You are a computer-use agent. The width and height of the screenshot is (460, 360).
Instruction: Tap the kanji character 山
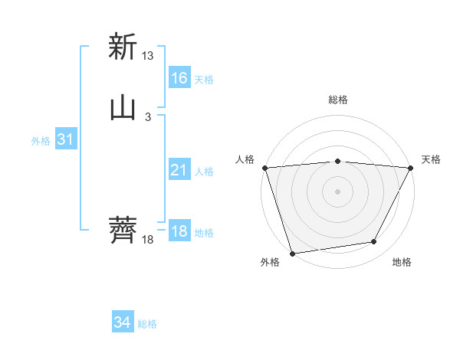123,108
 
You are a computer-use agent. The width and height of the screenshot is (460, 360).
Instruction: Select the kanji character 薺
123,229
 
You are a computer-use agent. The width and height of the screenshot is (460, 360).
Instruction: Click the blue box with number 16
179,77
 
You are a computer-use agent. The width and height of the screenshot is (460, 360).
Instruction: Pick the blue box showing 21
179,171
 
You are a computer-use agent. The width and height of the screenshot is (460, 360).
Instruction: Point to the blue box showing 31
65,140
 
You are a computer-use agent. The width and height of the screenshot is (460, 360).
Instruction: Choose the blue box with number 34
123,323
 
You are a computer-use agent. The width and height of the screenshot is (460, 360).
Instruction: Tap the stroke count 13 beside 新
148,56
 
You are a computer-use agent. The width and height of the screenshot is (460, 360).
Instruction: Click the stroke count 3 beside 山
148,117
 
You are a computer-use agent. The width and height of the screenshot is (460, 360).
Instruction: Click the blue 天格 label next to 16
204,79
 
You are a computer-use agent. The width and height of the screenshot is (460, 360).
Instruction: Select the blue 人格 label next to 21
204,172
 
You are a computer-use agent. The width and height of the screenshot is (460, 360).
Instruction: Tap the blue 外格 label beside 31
41,141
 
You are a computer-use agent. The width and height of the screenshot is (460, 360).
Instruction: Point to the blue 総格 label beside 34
147,324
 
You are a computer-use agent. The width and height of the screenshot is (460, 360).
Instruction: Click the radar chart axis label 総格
337,100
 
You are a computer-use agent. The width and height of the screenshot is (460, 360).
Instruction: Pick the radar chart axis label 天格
431,159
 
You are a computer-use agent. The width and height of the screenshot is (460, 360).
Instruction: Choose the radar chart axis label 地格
402,263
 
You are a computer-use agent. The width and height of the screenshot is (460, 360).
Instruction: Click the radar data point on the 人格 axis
264,168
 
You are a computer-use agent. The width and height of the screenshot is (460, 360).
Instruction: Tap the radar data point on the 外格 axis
292,253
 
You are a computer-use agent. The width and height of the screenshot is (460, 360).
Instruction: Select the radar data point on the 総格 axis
337,161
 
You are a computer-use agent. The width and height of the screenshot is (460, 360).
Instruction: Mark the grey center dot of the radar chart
337,191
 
